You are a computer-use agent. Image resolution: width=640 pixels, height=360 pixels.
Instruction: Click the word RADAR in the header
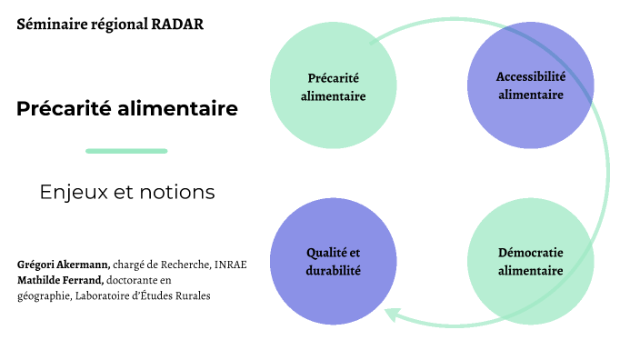(x=177, y=24)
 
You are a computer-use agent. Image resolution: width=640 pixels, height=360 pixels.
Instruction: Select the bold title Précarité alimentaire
(x=127, y=108)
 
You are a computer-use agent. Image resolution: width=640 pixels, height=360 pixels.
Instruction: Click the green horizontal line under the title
(x=126, y=151)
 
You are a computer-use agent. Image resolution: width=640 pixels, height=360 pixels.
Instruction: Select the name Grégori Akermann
(x=64, y=265)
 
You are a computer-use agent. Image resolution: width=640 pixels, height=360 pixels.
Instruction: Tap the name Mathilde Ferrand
(x=60, y=280)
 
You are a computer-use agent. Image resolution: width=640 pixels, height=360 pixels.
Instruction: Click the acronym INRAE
(x=231, y=265)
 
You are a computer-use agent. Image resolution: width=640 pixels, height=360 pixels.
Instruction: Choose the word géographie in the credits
(x=45, y=296)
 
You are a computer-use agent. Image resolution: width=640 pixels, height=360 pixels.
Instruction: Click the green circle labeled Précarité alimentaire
(x=333, y=85)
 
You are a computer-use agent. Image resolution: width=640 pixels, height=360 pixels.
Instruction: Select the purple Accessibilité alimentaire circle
(x=531, y=85)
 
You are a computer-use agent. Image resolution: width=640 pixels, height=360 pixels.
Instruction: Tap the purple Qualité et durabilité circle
(x=333, y=262)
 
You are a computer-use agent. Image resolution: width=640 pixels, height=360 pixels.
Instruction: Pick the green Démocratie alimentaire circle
(x=531, y=262)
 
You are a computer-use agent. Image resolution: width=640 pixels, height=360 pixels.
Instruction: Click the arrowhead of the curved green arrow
(x=391, y=315)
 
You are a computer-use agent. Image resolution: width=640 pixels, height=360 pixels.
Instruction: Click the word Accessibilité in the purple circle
(x=531, y=76)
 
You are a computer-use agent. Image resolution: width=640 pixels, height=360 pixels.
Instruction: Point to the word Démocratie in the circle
(x=531, y=253)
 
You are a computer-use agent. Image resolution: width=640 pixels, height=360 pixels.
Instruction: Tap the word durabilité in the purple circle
(x=333, y=271)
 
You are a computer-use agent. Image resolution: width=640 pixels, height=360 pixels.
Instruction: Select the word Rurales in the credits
(x=193, y=296)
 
